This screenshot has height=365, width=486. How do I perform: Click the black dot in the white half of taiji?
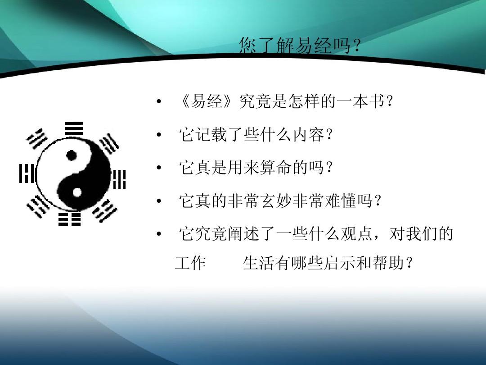71,156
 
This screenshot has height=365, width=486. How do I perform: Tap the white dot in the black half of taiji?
77,192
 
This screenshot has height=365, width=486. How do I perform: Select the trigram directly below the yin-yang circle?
69,219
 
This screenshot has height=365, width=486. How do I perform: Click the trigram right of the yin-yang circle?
119,179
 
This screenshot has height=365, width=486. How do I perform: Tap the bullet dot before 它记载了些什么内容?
158,135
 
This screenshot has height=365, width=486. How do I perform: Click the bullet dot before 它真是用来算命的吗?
158,169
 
